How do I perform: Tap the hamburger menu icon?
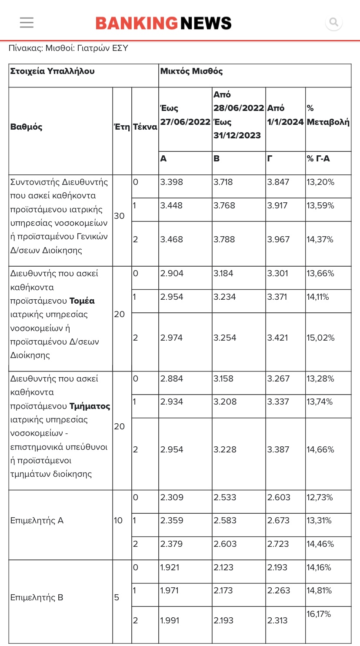coord(27,23)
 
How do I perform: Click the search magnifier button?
coord(334,22)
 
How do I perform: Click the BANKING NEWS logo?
coord(163,23)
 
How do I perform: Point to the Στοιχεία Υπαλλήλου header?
coord(52,71)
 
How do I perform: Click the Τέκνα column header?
coord(145,127)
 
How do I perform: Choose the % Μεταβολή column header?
coord(328,115)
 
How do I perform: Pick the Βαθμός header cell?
coord(27,127)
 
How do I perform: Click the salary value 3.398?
coord(172,182)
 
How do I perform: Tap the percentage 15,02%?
coord(320,338)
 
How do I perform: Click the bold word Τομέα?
coord(82,301)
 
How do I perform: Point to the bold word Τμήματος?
coord(90,406)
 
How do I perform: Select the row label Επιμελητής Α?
coord(37,521)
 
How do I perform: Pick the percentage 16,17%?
coord(319,614)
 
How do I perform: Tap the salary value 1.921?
coord(170,568)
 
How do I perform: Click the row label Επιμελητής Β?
coord(37,598)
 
